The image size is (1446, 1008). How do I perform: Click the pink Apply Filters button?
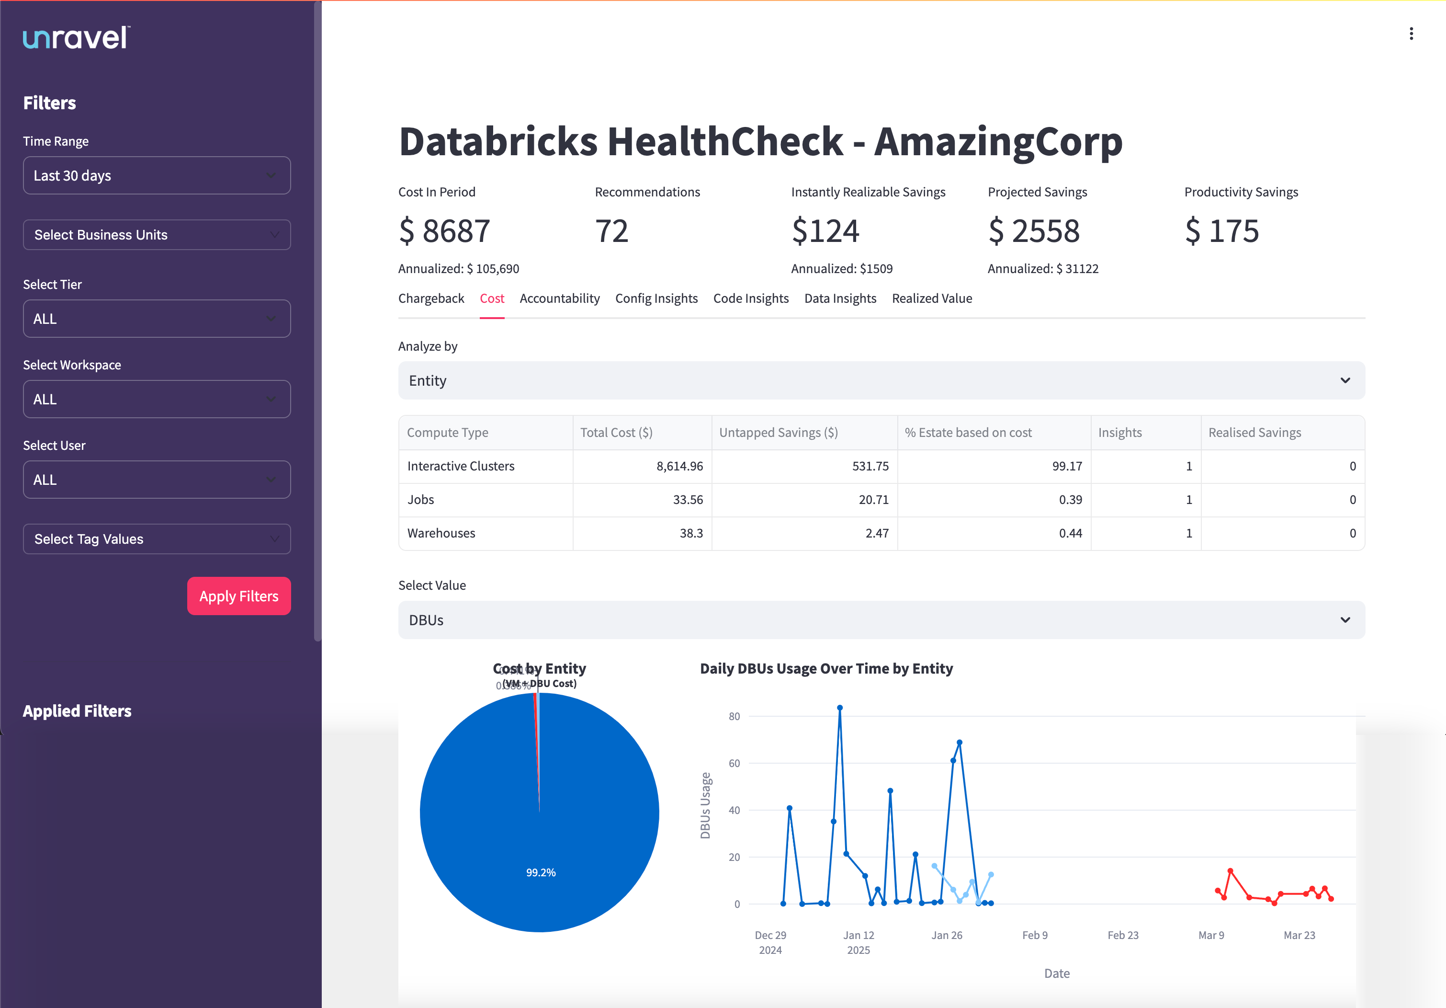[x=239, y=596]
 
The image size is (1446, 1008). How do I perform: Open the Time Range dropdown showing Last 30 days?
[x=156, y=176]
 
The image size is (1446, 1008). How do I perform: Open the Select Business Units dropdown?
[x=156, y=235]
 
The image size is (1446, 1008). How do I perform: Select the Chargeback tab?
[x=431, y=298]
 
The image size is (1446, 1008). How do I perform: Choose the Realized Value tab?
[x=931, y=298]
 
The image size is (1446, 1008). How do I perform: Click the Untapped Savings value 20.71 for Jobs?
[x=873, y=500]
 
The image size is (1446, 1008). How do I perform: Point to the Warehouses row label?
[x=441, y=533]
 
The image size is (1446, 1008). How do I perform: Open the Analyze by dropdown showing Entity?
[x=881, y=380]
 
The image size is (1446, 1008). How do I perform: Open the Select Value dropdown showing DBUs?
[x=881, y=620]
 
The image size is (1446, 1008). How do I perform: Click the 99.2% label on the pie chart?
[x=541, y=872]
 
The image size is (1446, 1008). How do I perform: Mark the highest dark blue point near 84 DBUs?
[x=839, y=708]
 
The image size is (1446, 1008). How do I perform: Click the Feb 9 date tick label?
[x=1034, y=935]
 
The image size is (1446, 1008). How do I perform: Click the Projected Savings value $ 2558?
[x=1033, y=230]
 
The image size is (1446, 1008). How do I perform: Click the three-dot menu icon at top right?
[x=1411, y=34]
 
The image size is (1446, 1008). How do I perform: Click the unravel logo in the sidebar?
[x=76, y=38]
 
